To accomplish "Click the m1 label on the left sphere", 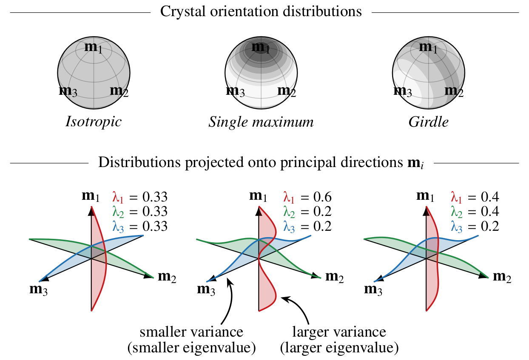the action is [93, 47].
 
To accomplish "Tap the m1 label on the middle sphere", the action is [260, 47].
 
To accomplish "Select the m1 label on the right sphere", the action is [428, 47].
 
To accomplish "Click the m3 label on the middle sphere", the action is [236, 91].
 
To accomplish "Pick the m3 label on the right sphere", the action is [404, 91].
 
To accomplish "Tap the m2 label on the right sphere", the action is [453, 91].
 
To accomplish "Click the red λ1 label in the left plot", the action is [118, 197].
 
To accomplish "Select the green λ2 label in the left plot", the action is [118, 212].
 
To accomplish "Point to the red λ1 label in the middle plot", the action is [289, 197].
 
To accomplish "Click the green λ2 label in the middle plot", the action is [289, 212].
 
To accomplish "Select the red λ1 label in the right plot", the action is [456, 197].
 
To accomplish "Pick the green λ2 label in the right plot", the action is [456, 212].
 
